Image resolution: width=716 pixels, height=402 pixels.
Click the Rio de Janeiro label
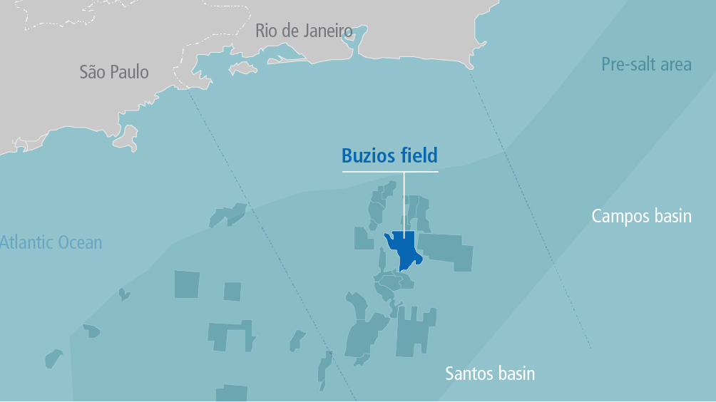click(x=305, y=31)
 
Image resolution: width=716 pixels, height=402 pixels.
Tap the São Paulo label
click(x=114, y=72)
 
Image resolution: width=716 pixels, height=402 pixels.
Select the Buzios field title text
click(x=389, y=155)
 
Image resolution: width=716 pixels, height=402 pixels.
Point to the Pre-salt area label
click(x=646, y=65)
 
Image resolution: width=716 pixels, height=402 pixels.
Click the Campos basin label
click(x=642, y=215)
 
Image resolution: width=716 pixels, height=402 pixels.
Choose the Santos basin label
click(x=490, y=373)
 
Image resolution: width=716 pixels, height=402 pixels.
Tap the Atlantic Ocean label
click(x=51, y=242)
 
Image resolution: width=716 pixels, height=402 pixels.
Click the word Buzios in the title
click(x=369, y=155)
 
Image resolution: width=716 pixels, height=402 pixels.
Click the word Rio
click(x=266, y=31)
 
